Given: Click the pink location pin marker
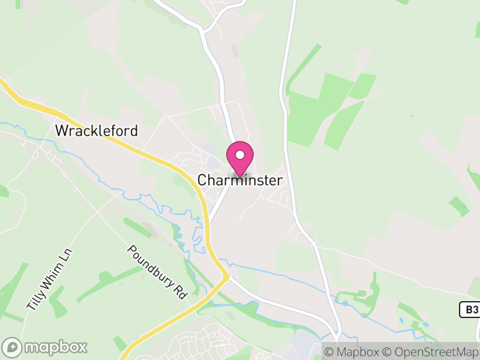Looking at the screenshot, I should coord(240,157).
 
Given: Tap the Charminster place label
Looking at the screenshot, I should coord(240,180).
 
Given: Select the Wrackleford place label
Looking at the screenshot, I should coord(96,131).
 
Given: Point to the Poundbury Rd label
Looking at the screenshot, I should coord(158,271).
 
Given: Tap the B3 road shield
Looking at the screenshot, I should coord(470,310).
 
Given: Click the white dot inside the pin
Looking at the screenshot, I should coord(240,155).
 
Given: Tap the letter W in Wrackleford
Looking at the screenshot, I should coord(61,131).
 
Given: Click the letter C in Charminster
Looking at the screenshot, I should coord(202,180).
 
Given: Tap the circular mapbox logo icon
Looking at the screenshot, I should coord(13,347).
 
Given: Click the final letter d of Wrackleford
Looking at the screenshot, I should coord(134,131).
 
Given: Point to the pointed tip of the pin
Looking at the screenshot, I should coord(240,176).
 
